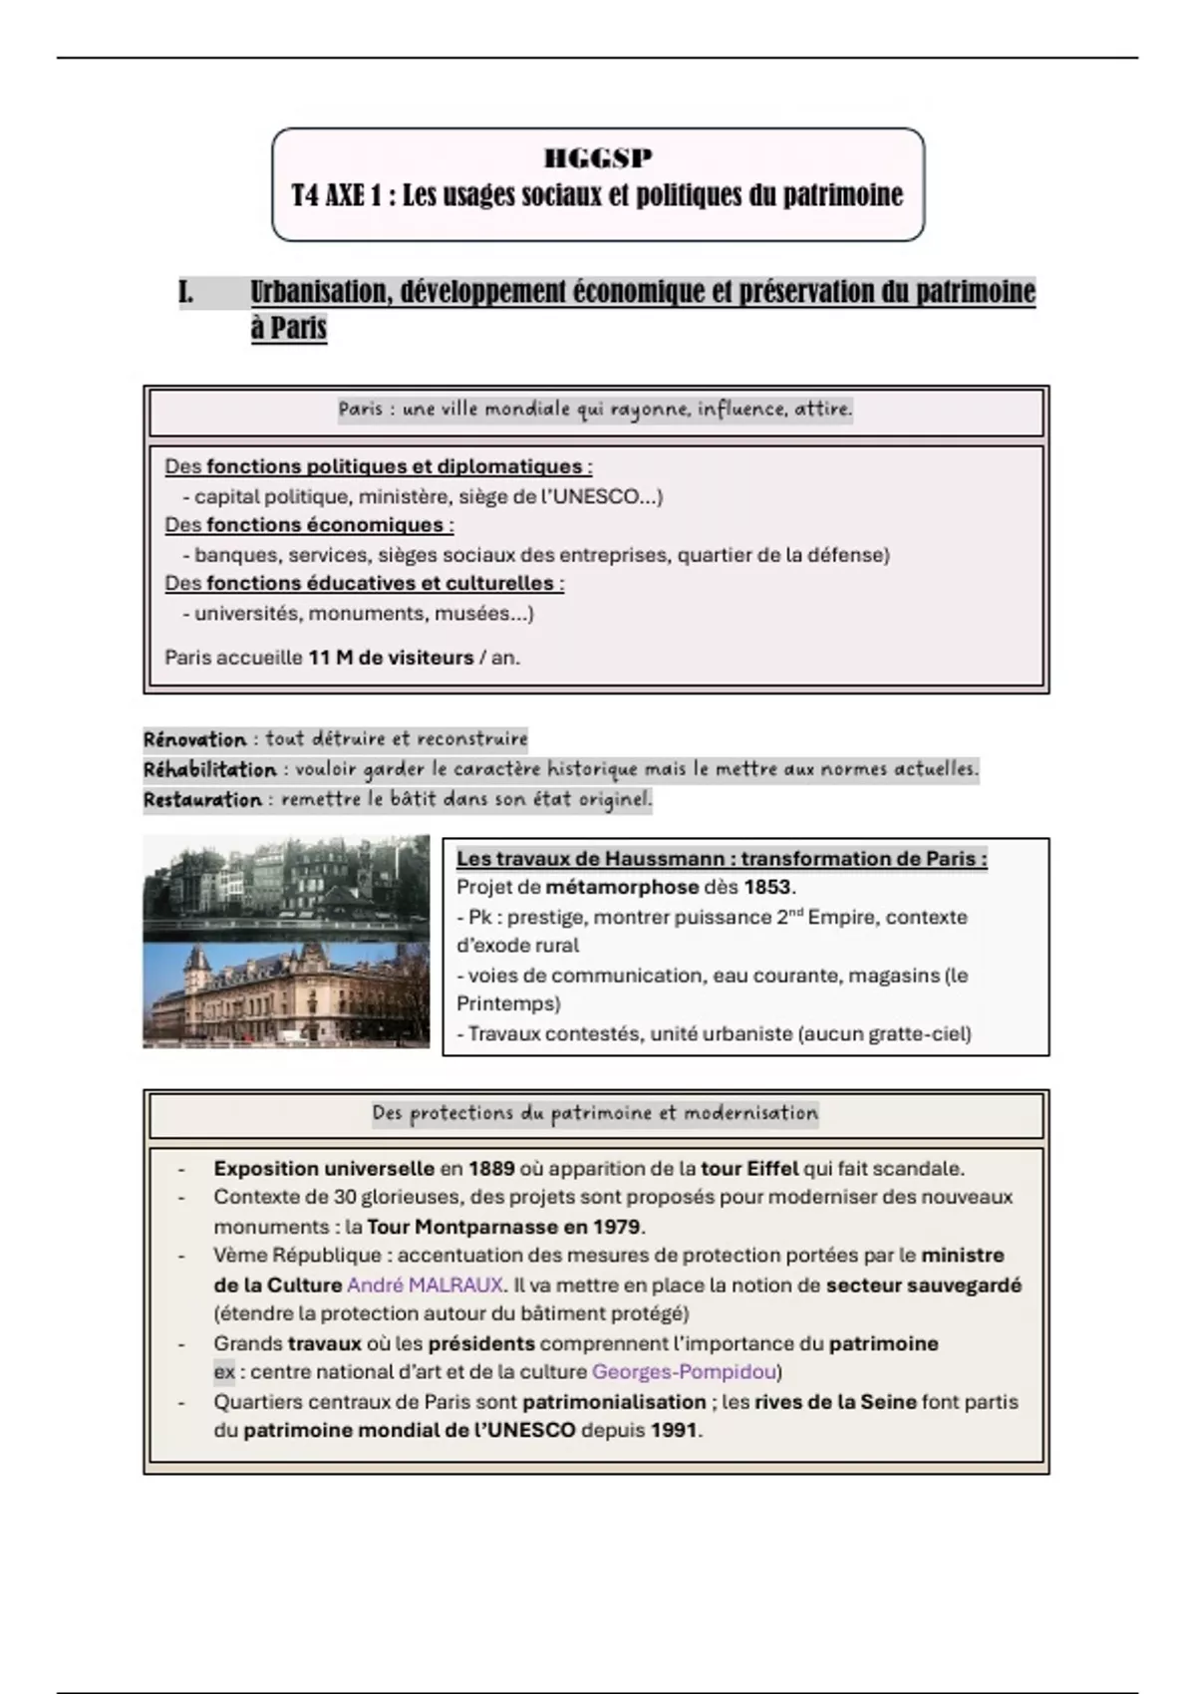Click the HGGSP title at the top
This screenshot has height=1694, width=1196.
[598, 157]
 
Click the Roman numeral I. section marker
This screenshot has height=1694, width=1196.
[186, 293]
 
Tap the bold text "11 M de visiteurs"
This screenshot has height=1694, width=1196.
[391, 658]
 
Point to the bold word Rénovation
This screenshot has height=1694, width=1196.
[194, 739]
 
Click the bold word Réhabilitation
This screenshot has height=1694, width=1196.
[209, 769]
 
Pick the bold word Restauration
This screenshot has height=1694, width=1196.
[202, 799]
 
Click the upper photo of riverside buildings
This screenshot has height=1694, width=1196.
[286, 887]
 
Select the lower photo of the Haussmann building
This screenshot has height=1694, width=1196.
[286, 994]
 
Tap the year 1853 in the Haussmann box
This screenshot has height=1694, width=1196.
[766, 887]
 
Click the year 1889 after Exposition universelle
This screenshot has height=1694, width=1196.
[491, 1168]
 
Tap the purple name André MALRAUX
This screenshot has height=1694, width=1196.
[425, 1285]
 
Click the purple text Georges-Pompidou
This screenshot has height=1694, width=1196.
[684, 1372]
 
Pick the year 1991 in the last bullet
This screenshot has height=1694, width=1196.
[674, 1430]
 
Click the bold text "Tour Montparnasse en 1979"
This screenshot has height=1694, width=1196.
[504, 1227]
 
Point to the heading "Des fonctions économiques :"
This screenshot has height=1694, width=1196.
[309, 525]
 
